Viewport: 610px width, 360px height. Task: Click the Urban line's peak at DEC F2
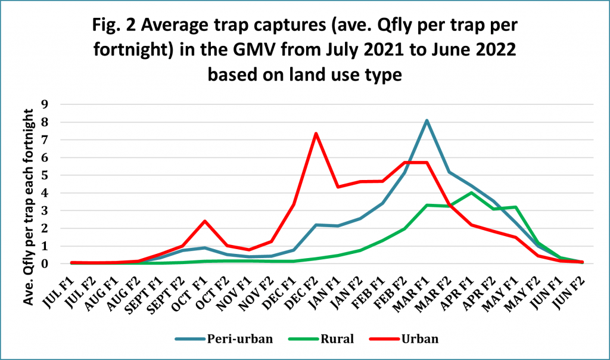coord(316,134)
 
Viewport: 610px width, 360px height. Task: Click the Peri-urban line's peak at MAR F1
coord(427,120)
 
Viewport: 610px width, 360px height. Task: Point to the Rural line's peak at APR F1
coord(471,193)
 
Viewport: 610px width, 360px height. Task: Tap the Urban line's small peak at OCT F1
coord(204,221)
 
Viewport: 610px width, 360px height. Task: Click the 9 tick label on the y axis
coord(61,104)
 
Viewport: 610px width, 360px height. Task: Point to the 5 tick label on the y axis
coord(61,175)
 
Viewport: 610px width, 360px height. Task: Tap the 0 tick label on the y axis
coord(61,263)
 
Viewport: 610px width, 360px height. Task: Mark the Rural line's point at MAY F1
coord(516,207)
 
